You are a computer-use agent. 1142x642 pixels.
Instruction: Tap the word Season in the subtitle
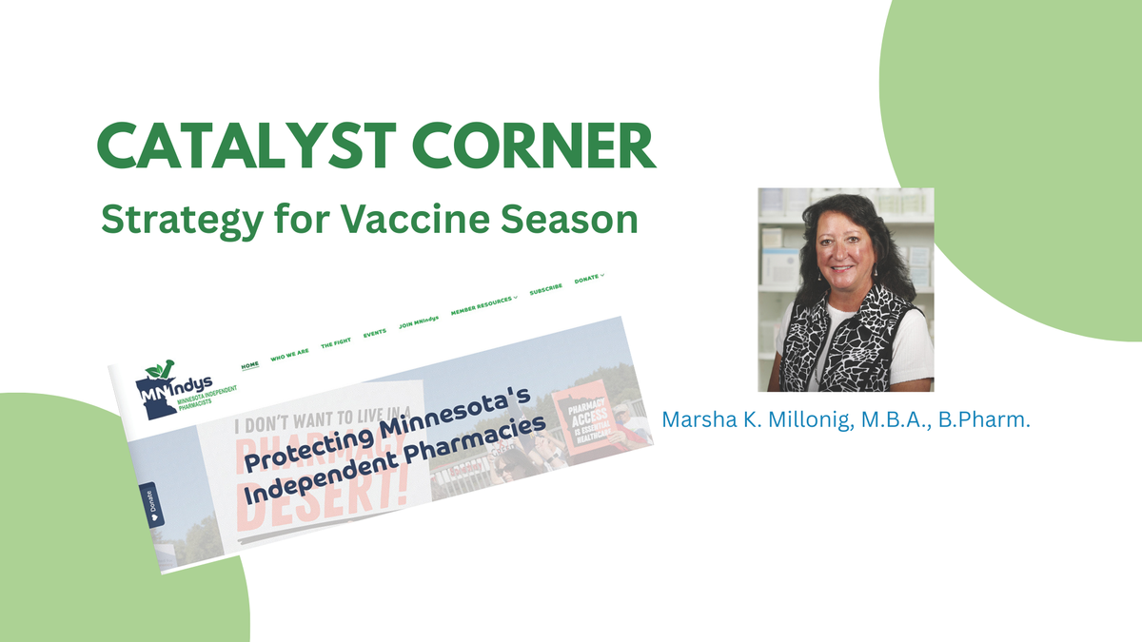tap(573, 220)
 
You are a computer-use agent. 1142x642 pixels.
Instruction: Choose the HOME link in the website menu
tap(250, 364)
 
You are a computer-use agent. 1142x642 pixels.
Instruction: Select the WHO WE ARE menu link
tap(289, 355)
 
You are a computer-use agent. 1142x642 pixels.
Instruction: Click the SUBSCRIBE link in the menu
tap(545, 288)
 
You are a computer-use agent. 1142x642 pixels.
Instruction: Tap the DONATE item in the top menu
tap(588, 278)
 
